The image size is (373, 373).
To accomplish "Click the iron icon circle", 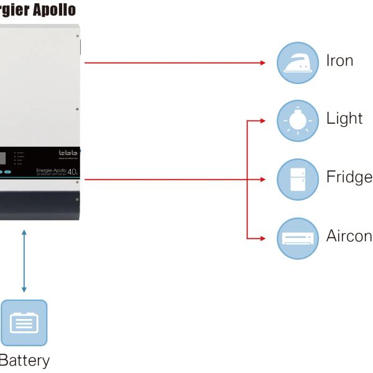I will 297,63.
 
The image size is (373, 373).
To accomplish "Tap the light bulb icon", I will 297,121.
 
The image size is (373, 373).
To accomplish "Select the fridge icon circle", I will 297,180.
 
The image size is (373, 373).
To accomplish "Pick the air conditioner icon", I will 297,238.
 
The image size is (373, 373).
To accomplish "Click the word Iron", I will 339,61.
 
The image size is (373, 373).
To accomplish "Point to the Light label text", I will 344,118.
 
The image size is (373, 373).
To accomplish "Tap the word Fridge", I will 349,177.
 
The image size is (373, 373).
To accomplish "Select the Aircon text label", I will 349,236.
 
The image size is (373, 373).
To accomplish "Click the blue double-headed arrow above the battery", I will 24,260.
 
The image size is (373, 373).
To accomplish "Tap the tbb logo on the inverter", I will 68,153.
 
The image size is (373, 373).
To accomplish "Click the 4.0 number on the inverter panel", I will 73,171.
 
